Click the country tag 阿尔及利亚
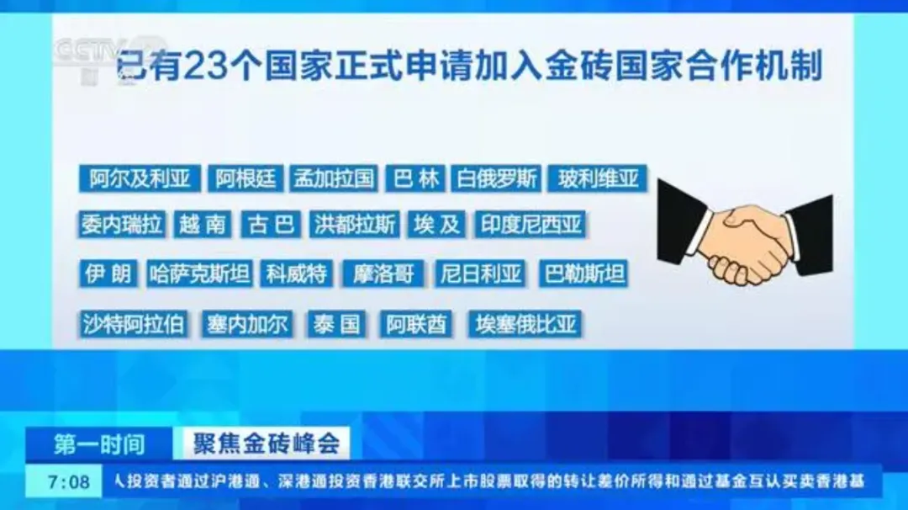tap(140, 178)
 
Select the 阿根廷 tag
tap(245, 178)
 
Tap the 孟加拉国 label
tap(334, 178)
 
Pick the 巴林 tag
tap(416, 178)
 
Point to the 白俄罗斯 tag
tap(496, 178)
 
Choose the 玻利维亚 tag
tap(598, 178)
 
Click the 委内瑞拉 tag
tap(122, 225)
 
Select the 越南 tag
tap(203, 225)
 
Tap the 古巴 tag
tap(271, 225)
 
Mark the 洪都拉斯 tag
tap(355, 225)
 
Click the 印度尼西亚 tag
tap(531, 225)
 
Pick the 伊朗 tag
tap(108, 274)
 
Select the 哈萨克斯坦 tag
tap(199, 274)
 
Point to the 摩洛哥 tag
tap(383, 274)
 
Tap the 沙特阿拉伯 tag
tap(133, 324)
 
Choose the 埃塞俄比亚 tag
tap(525, 324)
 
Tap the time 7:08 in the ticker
tap(69, 481)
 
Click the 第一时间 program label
tap(99, 444)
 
